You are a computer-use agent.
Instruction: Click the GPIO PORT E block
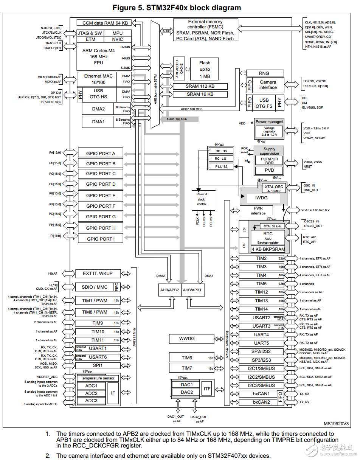(x=101, y=196)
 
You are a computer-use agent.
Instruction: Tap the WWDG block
(x=187, y=338)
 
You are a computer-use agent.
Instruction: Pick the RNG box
(x=264, y=73)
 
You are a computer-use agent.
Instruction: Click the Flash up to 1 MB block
(x=205, y=70)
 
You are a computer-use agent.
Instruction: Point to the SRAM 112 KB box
(x=200, y=86)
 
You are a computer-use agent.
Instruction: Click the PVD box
(x=269, y=170)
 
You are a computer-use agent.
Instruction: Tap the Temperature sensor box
(x=98, y=378)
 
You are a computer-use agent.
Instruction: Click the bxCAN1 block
(x=261, y=394)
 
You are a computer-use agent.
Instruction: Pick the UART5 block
(x=261, y=343)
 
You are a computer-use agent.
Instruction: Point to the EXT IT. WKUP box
(x=98, y=274)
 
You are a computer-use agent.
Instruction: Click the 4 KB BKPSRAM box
(x=268, y=250)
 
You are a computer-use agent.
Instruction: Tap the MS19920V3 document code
(x=336, y=424)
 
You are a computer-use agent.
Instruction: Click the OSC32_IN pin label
(x=311, y=221)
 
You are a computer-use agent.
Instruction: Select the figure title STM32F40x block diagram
(x=180, y=8)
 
